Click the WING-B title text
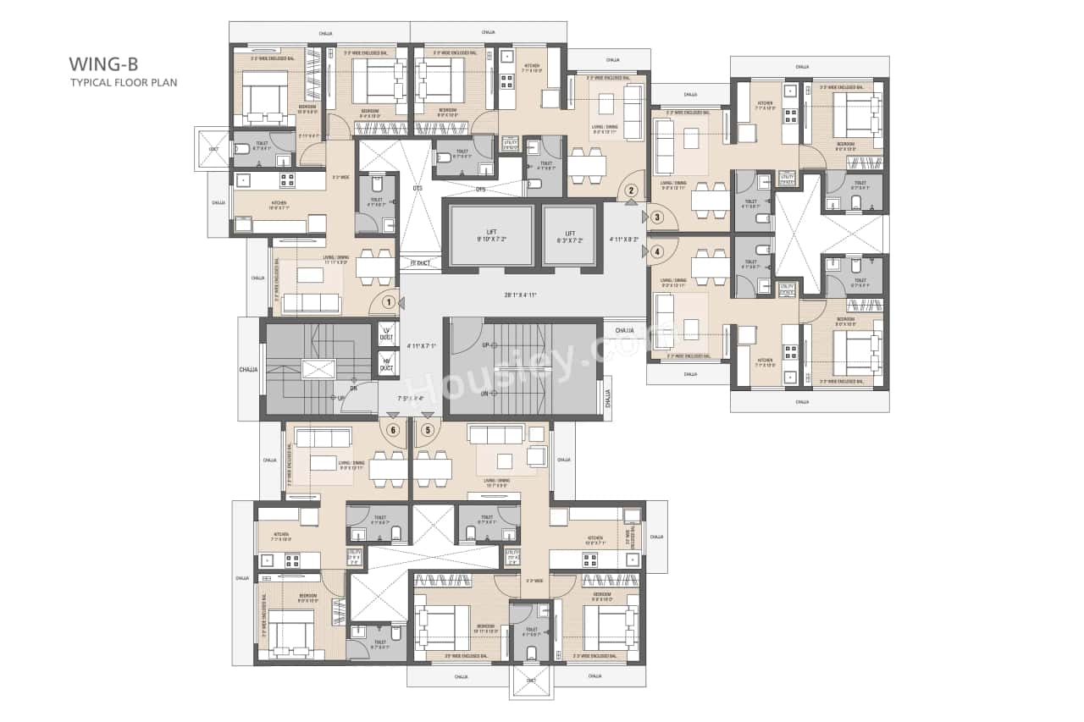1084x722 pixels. click(x=103, y=63)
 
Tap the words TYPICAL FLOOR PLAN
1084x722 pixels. click(x=123, y=82)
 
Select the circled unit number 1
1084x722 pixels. click(x=389, y=301)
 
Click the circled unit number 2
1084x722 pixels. click(x=631, y=190)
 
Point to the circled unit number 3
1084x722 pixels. click(x=657, y=217)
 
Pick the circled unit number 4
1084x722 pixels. click(x=657, y=251)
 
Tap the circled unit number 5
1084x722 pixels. click(x=428, y=429)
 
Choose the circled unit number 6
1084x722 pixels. click(x=393, y=429)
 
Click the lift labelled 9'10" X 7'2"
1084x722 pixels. click(x=491, y=236)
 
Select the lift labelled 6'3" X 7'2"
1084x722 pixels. click(x=570, y=237)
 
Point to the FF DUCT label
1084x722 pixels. click(x=420, y=263)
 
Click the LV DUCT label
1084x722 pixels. click(x=387, y=333)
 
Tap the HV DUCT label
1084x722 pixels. click(x=387, y=365)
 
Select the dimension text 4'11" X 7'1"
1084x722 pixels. click(x=421, y=345)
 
